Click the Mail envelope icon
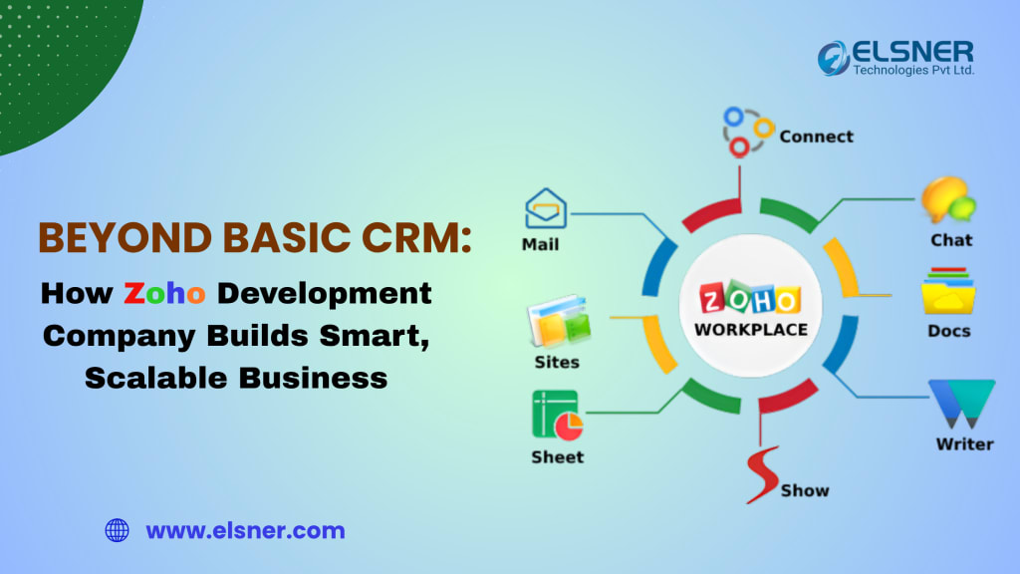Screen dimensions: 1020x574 point(546,208)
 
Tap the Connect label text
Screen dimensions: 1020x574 point(816,136)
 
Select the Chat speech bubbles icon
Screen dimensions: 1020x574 point(947,200)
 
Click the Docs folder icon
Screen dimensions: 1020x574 point(947,291)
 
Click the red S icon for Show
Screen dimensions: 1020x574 point(763,476)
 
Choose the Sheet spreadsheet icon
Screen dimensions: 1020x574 point(557,416)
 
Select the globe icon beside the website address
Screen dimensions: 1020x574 point(118,530)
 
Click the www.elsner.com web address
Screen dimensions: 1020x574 point(245,530)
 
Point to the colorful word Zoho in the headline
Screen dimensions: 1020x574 point(164,294)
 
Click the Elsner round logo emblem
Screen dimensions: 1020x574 point(834,58)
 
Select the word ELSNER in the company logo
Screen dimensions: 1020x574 point(911,51)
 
